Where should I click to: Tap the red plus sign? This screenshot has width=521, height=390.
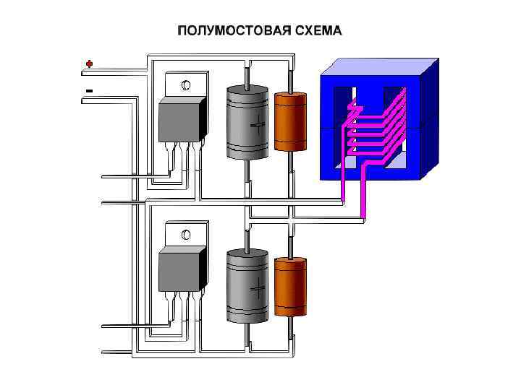[89, 64]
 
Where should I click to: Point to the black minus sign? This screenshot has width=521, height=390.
[89, 90]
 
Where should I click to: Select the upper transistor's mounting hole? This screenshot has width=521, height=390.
[186, 86]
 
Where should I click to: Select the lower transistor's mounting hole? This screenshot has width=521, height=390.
[186, 235]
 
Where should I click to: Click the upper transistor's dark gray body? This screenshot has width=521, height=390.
[179, 121]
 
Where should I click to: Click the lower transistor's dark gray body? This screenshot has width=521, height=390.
[179, 270]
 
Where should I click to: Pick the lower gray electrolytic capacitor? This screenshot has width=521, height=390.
[247, 286]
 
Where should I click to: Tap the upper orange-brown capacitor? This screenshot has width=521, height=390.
[292, 121]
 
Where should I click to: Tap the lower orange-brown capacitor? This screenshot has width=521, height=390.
[292, 287]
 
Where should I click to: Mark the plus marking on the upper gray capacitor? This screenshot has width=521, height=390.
[258, 126]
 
